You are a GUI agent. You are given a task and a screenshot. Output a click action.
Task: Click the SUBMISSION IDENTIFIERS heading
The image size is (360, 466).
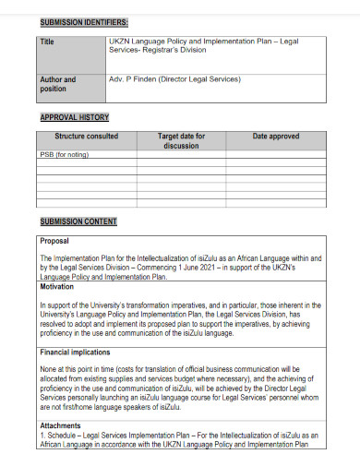tap(84, 21)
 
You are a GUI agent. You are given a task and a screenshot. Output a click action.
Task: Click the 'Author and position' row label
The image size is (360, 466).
tap(57, 85)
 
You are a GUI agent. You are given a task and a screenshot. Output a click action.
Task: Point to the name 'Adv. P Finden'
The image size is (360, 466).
tap(133, 80)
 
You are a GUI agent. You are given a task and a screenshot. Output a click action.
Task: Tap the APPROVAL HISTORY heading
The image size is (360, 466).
tap(75, 117)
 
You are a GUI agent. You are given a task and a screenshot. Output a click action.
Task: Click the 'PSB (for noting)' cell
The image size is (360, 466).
tap(64, 154)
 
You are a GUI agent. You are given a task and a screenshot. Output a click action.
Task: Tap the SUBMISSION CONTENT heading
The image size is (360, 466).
tap(78, 221)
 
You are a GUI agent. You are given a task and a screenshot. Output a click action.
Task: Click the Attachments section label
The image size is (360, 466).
tap(62, 425)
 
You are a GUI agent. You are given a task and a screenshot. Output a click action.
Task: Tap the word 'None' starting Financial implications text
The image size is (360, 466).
tap(49, 369)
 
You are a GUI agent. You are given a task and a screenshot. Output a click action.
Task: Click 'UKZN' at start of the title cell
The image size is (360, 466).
tap(120, 42)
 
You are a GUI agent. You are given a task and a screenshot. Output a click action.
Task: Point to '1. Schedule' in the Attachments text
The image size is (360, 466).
tap(59, 435)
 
